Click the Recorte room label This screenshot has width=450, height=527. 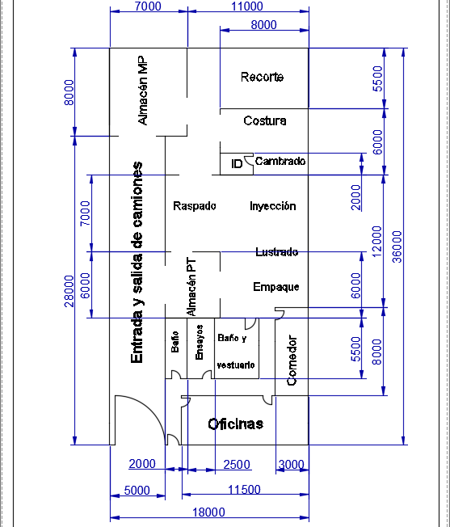[x=262, y=77]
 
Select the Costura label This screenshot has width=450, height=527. [x=265, y=120]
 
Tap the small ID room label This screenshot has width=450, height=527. [x=237, y=164]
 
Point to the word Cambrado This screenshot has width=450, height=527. [x=280, y=161]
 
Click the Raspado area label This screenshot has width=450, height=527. [x=195, y=205]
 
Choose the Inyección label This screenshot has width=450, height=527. [x=273, y=205]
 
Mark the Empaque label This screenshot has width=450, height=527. [x=276, y=287]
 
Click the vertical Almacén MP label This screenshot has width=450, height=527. [x=142, y=91]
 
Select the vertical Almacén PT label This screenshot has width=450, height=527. [x=191, y=287]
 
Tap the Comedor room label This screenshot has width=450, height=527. [x=292, y=360]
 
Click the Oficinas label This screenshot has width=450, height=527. [x=235, y=424]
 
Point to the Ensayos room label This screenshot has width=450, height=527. [x=199, y=342]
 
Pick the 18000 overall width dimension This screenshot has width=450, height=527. [x=208, y=512]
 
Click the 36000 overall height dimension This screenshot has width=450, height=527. [x=397, y=247]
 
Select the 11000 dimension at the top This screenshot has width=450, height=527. [x=247, y=6]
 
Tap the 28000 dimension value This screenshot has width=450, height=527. [x=69, y=291]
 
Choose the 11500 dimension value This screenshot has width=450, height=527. [x=244, y=489]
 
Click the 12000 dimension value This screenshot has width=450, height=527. [x=376, y=242]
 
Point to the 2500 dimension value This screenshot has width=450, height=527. [x=237, y=464]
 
